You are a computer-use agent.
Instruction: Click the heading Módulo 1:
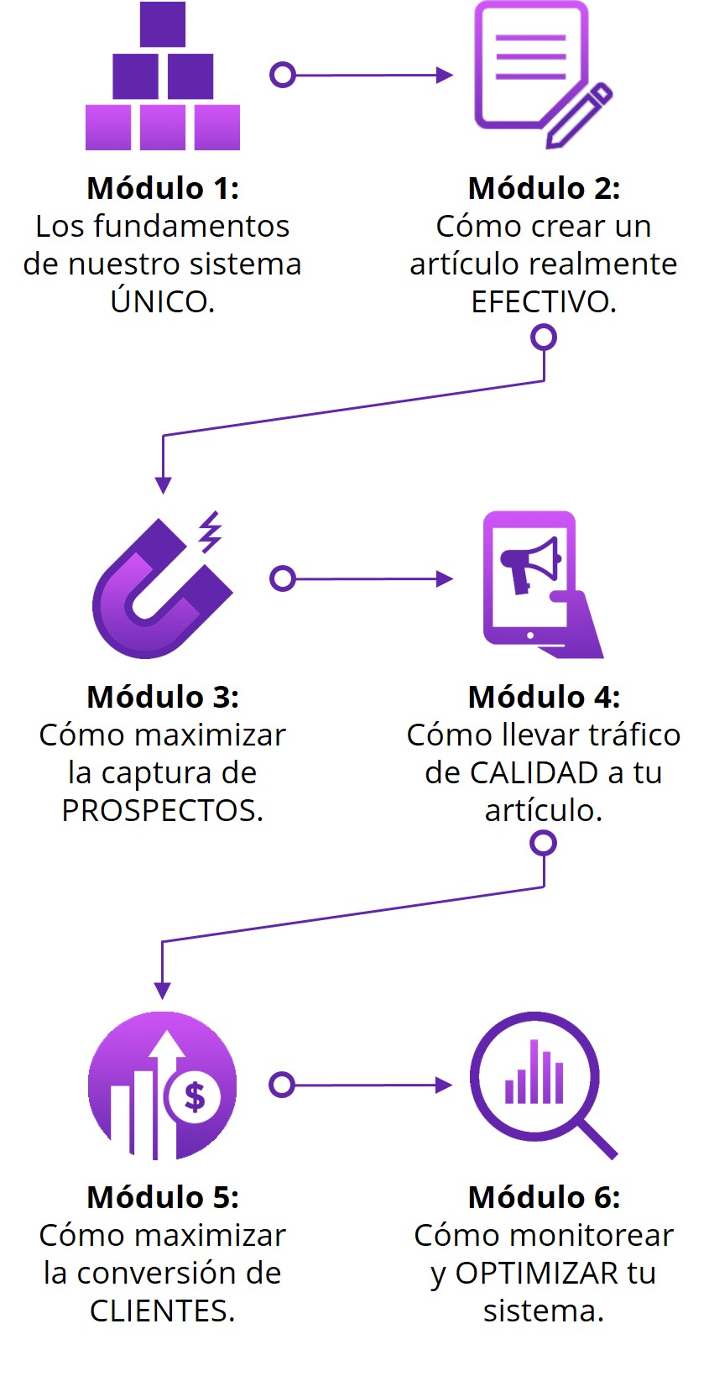pos(163,188)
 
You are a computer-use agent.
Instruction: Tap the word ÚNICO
pos(163,301)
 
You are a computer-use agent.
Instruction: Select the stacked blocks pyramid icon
pos(163,76)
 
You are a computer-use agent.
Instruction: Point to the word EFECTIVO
pos(543,301)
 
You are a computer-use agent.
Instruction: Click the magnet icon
pos(161,587)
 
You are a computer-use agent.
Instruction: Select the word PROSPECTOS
pos(163,811)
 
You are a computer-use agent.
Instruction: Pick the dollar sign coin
pos(195,1097)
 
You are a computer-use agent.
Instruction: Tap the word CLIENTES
pos(163,1311)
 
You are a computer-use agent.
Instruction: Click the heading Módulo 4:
pos(544,697)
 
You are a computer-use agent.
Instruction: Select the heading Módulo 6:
pos(544,1197)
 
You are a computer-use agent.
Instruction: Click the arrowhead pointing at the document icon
pos(445,75)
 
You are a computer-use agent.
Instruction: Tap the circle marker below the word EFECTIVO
pos(544,337)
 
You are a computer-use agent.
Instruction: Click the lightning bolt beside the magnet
pos(211,531)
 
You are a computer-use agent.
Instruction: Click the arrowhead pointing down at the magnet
pos(163,485)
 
